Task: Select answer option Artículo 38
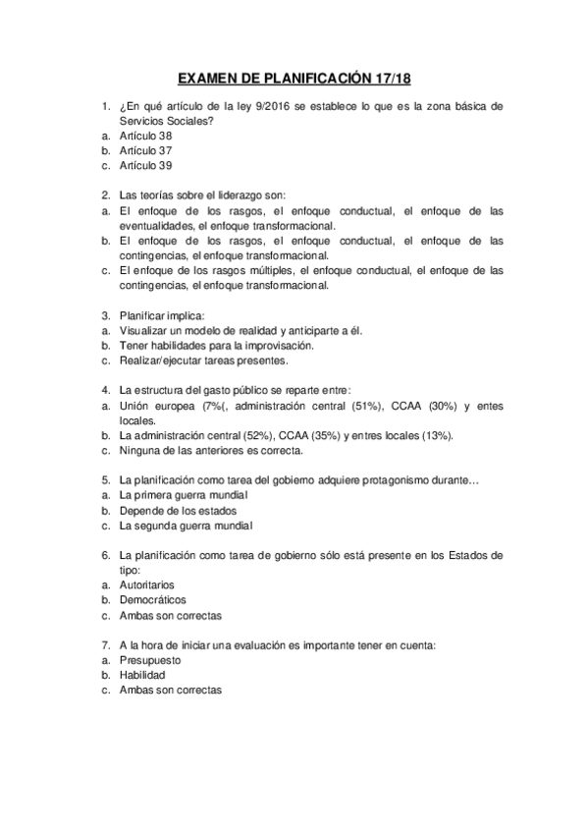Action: tap(145, 136)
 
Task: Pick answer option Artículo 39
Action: tap(145, 166)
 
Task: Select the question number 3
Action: tap(105, 315)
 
